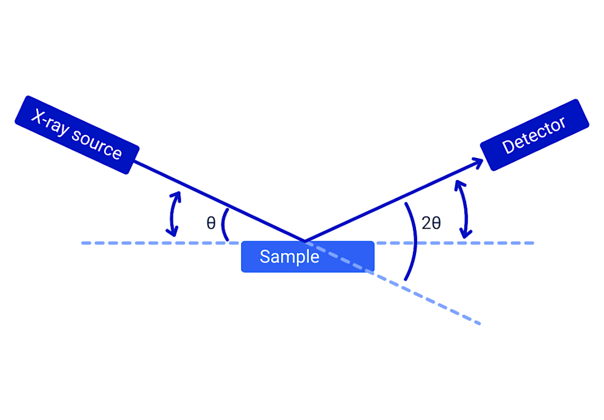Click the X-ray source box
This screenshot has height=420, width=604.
(77, 134)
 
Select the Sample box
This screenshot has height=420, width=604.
(308, 257)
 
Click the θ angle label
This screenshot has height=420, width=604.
(211, 223)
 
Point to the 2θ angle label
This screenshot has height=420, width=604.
(431, 223)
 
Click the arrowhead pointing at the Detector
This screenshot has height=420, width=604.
(478, 162)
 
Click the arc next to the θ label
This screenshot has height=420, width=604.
(224, 225)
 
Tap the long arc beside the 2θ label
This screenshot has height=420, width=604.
(415, 242)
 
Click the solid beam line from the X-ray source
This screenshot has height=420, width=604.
(218, 201)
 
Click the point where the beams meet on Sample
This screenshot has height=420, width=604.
(304, 241)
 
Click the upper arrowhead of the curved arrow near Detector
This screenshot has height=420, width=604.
(459, 183)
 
